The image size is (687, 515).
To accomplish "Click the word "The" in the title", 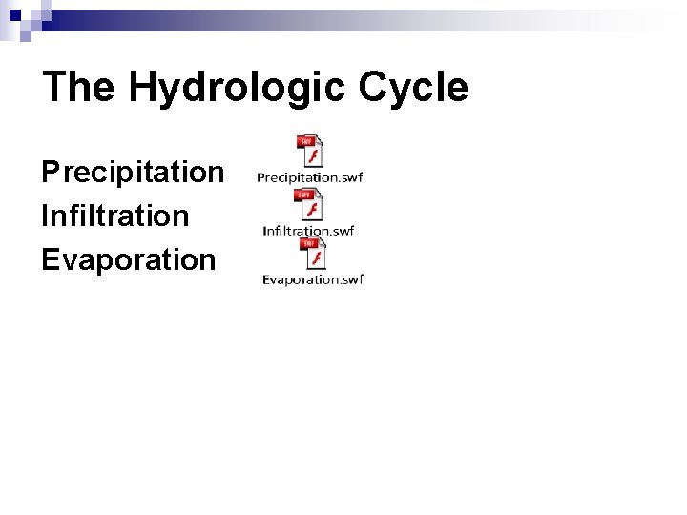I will click(78, 87).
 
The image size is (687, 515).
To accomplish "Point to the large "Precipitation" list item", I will click(133, 173).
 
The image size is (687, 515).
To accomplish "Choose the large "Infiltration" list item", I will click(115, 216).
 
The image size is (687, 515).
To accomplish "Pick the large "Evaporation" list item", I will click(129, 259).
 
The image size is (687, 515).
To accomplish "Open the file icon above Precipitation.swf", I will click(309, 152).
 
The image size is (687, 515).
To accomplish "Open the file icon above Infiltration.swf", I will click(309, 204).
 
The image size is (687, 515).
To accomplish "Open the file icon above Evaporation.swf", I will click(312, 255).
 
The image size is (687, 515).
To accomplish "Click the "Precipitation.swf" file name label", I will click(309, 177).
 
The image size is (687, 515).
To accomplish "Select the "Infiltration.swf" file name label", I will click(308, 230).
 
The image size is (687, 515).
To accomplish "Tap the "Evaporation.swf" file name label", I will click(313, 279).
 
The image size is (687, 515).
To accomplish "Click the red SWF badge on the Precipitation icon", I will click(306, 142).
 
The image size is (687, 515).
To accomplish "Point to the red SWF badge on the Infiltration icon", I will click(305, 195).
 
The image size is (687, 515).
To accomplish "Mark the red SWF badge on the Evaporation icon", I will click(308, 244).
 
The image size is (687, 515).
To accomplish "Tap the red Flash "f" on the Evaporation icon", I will click(317, 259).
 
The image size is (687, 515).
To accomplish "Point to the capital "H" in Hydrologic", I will click(141, 88).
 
